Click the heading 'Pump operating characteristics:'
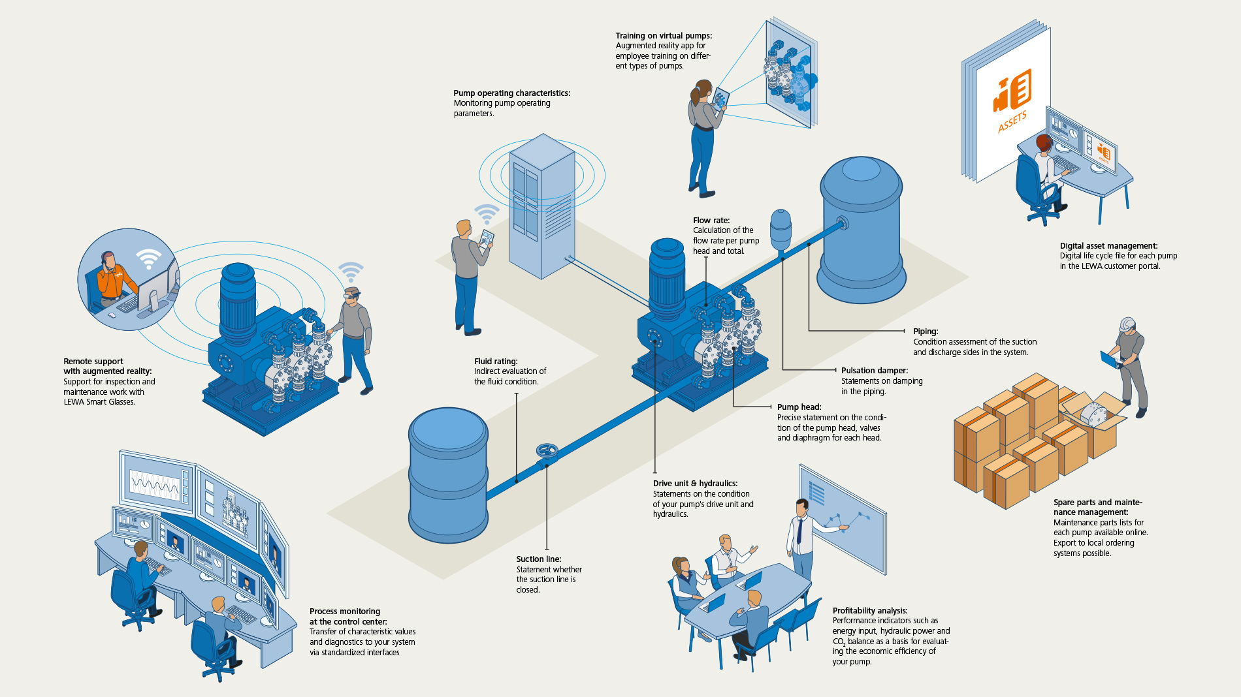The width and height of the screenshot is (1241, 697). pos(511,93)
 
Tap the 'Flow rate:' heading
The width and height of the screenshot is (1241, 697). pos(711,221)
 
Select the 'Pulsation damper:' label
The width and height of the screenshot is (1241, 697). pos(874,371)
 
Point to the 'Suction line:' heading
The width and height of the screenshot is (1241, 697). pos(538,559)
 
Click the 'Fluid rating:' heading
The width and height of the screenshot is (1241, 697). pos(496,362)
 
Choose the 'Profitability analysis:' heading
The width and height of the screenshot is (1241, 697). pos(869,611)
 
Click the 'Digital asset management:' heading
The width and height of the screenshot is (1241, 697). pos(1108,246)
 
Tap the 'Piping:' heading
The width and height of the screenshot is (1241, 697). pos(925,332)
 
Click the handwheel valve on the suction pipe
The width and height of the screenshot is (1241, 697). pos(547,450)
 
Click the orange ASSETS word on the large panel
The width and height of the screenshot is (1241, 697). pos(1012,121)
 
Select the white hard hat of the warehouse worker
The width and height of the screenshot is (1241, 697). pos(1127,324)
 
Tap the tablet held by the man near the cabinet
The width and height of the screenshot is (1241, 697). pos(487,238)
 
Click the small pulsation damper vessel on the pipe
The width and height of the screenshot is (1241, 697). pos(781,228)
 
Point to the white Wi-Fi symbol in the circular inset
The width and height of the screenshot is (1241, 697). pos(149,258)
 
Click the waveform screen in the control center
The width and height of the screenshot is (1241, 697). pos(157,482)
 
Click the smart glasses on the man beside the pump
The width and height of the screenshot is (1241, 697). pos(353,297)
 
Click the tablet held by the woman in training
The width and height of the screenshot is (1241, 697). pos(720,99)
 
